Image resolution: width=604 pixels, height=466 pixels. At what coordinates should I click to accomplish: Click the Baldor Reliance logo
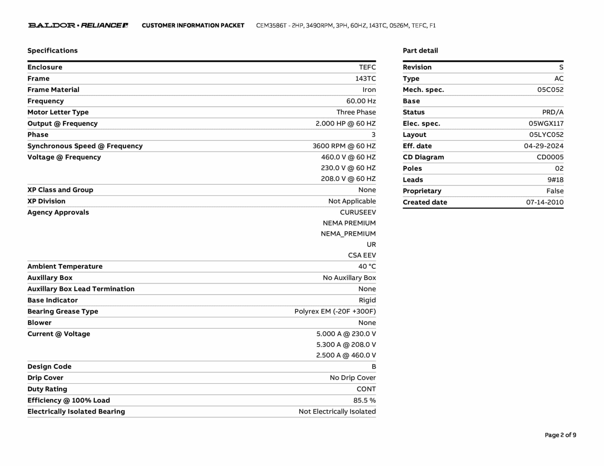[x=78, y=25]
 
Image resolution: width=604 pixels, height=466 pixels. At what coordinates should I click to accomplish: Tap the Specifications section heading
[x=52, y=51]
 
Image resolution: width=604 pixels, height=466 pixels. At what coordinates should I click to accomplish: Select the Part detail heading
[x=420, y=51]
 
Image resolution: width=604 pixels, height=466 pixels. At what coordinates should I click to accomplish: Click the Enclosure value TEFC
[x=367, y=67]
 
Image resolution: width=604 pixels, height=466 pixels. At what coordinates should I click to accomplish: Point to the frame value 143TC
[x=365, y=79]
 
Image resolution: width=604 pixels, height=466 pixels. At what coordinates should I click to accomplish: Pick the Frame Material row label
[x=53, y=90]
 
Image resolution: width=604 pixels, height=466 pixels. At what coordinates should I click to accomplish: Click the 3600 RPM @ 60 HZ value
[x=344, y=146]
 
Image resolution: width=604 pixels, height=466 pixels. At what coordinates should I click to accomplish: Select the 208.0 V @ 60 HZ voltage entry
[x=348, y=179]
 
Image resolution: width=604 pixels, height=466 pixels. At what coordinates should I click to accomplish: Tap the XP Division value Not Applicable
[x=352, y=201]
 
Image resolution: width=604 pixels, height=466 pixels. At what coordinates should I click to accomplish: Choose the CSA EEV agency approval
[x=362, y=255]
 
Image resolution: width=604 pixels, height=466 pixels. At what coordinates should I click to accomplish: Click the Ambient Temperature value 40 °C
[x=367, y=267]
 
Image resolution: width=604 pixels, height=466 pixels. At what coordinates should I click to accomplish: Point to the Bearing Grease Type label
[x=63, y=312]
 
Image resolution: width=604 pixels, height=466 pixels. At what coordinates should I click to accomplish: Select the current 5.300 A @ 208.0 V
[x=346, y=345]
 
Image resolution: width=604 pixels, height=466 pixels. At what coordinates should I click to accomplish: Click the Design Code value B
[x=374, y=367]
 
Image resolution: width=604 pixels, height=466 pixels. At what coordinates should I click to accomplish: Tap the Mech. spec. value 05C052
[x=550, y=90]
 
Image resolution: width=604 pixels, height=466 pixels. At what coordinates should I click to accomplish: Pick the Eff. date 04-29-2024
[x=544, y=146]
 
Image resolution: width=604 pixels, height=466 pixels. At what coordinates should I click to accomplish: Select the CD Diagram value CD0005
[x=550, y=157]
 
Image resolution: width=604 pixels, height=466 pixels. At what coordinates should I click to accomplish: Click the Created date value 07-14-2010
[x=544, y=202]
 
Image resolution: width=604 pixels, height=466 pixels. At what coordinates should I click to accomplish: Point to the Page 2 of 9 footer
[x=560, y=435]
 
